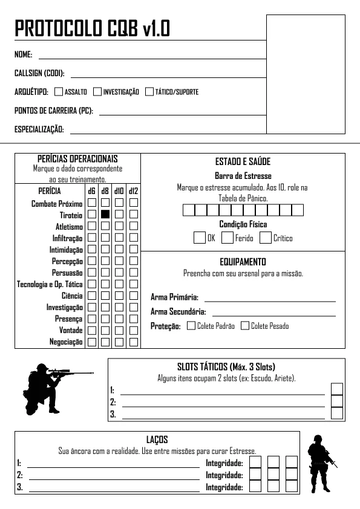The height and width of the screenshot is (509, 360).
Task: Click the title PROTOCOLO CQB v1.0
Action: point(92,28)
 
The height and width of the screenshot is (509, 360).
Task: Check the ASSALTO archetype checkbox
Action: point(59,92)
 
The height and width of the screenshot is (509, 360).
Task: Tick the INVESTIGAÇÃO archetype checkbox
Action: point(97,92)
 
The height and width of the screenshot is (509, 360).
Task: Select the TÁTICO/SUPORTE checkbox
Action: point(149,92)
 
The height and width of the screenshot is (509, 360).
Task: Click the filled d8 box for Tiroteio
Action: point(105,214)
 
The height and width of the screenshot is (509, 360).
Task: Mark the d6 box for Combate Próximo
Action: point(92,203)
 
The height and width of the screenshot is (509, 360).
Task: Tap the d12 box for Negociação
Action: point(134,342)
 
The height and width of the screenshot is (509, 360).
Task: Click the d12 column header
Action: point(134,191)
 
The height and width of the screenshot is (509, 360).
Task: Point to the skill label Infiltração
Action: point(68,238)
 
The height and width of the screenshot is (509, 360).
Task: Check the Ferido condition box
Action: point(227,238)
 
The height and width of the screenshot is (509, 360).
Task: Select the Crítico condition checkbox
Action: point(265,238)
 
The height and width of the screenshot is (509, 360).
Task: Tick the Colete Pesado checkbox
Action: point(245,326)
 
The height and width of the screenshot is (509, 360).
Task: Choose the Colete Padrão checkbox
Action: point(191,326)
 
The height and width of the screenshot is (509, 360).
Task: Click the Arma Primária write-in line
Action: point(270,300)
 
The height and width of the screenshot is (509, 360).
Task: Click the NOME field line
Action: point(152,57)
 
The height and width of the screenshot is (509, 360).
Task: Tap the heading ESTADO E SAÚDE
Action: point(243,162)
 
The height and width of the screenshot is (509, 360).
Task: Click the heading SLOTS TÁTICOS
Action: point(226,367)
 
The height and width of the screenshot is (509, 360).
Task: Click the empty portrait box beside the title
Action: point(306,74)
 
